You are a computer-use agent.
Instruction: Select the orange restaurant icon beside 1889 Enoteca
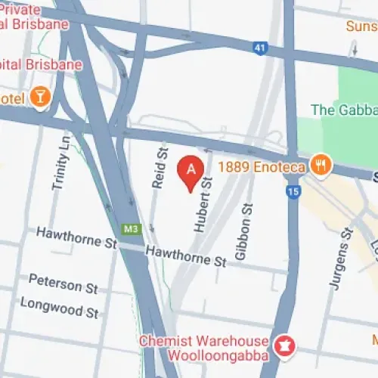click(321, 165)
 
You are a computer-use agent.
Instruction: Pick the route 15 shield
click(293, 192)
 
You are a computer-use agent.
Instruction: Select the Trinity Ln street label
click(61, 162)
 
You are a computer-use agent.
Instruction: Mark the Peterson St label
click(64, 284)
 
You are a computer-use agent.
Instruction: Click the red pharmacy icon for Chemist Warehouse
click(284, 345)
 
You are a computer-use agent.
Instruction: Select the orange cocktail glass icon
click(40, 97)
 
